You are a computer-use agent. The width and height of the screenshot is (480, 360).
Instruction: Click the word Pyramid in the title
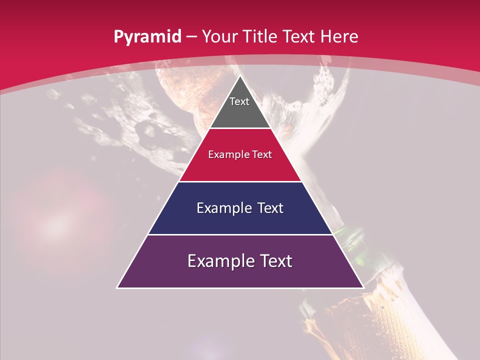147,36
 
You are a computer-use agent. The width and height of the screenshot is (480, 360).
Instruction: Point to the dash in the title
191,37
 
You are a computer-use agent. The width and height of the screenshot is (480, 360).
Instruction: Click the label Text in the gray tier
239,101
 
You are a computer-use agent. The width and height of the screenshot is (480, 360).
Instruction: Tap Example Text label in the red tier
240,154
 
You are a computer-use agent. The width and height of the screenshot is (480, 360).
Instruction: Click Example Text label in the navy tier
240,208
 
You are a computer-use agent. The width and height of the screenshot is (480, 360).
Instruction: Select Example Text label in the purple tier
240,261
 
